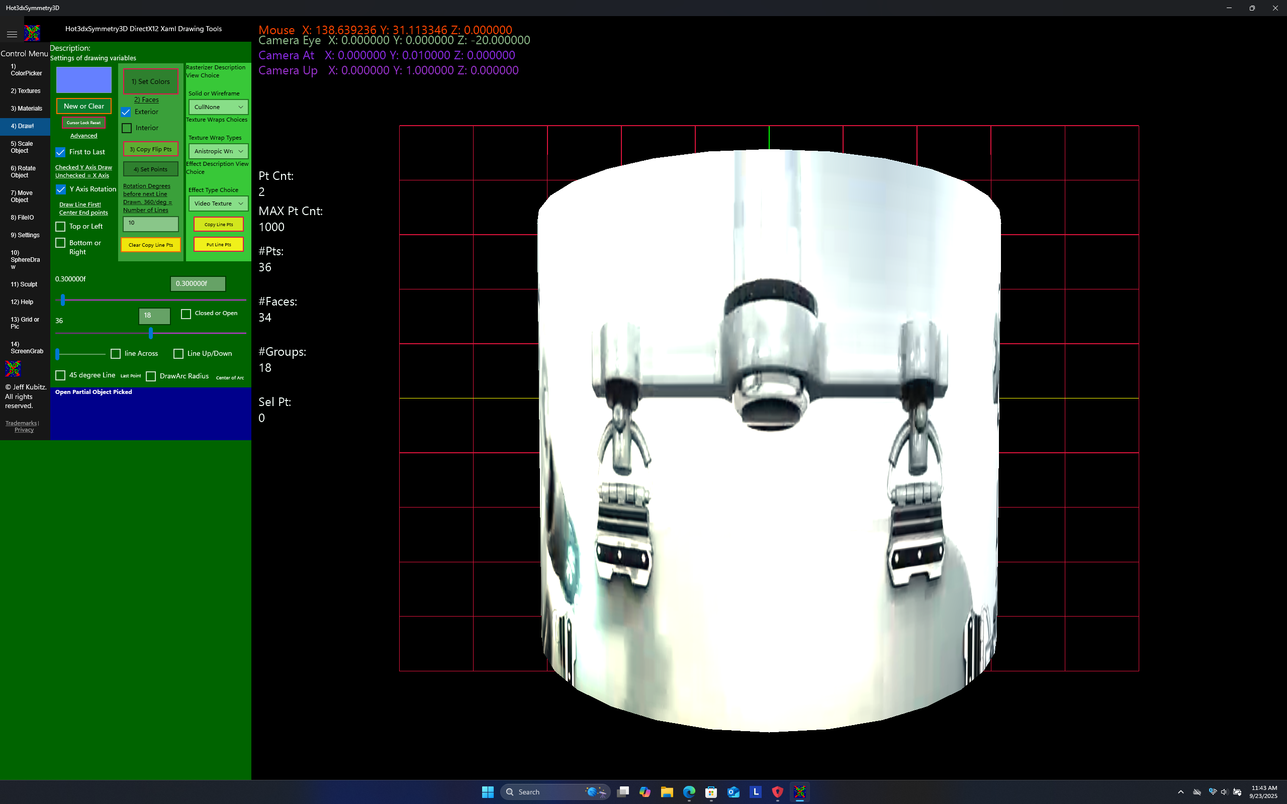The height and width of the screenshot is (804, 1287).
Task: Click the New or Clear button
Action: pyautogui.click(x=83, y=107)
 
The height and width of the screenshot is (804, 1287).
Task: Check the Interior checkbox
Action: pyautogui.click(x=127, y=128)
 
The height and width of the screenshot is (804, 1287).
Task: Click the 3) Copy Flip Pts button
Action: pyautogui.click(x=150, y=149)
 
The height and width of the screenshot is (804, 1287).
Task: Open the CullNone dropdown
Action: pyautogui.click(x=218, y=107)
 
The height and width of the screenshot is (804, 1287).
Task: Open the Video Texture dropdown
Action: pyautogui.click(x=218, y=204)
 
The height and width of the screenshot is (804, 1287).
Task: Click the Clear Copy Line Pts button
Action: pyautogui.click(x=150, y=245)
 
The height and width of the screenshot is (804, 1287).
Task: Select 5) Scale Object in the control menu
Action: pyautogui.click(x=22, y=147)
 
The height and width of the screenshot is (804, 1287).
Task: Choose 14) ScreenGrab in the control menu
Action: pyautogui.click(x=26, y=348)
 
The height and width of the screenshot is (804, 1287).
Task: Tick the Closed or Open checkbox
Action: pyautogui.click(x=186, y=314)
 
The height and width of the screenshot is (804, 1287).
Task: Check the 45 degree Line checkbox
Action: pyautogui.click(x=61, y=375)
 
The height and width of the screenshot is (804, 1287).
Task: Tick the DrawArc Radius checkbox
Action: pyautogui.click(x=151, y=376)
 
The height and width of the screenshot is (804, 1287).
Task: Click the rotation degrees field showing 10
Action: pyautogui.click(x=150, y=223)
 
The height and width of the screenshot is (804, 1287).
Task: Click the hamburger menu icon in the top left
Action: pyautogui.click(x=12, y=34)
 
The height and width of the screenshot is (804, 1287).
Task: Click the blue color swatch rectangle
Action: pyautogui.click(x=83, y=80)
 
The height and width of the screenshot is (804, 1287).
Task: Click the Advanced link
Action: pyautogui.click(x=83, y=136)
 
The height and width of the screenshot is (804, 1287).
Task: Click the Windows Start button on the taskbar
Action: pyautogui.click(x=487, y=792)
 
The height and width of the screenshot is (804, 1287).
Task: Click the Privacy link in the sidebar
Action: pyautogui.click(x=24, y=430)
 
